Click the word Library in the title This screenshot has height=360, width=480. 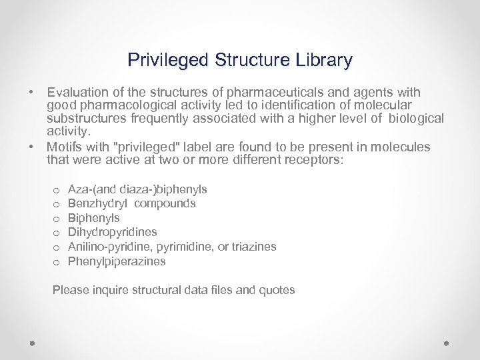click(324, 61)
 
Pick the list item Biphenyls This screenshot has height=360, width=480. click(94, 217)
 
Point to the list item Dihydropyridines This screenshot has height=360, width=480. click(113, 232)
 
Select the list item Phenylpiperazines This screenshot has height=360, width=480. click(117, 261)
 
